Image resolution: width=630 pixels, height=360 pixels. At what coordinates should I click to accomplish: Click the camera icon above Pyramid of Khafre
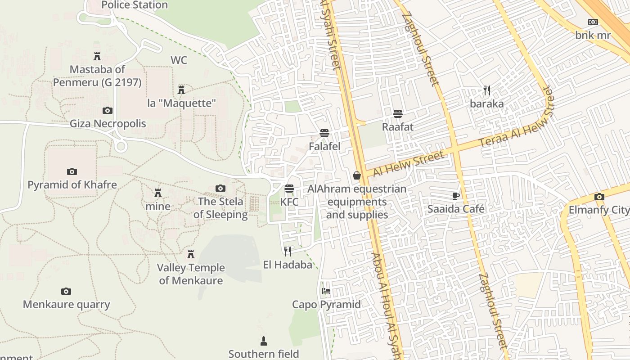coord(72,171)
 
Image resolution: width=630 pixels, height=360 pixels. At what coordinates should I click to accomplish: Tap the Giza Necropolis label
coord(108,123)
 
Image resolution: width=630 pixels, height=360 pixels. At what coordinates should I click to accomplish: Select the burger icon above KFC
coord(289,188)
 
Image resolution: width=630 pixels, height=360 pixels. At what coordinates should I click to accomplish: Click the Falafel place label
coord(324,146)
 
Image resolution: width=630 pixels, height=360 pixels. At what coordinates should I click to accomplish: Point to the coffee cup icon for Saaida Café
coord(456,196)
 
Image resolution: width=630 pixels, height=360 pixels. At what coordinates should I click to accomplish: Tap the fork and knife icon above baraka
coord(487,90)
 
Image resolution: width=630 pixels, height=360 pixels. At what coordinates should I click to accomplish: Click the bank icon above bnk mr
coord(593,22)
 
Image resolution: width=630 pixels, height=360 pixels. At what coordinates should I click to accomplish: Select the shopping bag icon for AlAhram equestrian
coord(357,175)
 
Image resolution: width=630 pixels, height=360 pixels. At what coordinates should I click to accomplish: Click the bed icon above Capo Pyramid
coord(326,291)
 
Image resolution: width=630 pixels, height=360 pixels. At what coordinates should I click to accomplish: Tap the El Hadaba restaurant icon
coord(288,251)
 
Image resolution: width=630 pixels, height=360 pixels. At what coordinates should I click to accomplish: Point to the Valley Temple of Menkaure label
coord(191,274)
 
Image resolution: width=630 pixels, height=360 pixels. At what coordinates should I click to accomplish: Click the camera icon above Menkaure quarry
coord(66,291)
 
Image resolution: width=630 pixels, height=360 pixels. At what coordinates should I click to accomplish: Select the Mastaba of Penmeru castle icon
coord(97,56)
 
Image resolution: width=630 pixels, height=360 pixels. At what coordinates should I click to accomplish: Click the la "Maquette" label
coord(181,103)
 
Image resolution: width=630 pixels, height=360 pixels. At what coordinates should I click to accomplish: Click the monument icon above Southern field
coord(264,341)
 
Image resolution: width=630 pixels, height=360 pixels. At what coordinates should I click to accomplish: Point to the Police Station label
coord(135,5)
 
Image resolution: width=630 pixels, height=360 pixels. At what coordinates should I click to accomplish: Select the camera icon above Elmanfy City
coord(599,197)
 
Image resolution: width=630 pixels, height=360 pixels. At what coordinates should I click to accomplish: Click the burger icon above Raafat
coord(398,113)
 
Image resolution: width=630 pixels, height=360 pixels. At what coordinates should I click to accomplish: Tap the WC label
coord(179,60)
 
